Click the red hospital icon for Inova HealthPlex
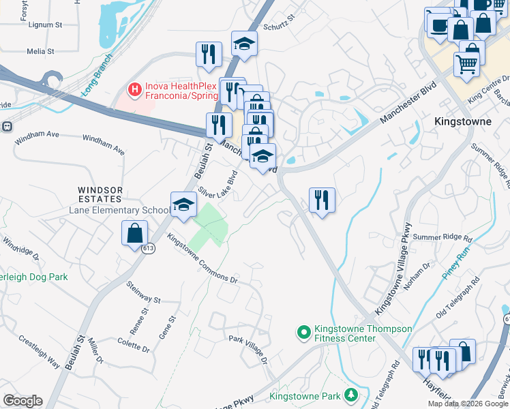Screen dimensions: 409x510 135,89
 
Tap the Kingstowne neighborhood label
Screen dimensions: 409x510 463,121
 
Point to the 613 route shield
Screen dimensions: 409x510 149,249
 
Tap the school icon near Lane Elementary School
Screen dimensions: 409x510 183,204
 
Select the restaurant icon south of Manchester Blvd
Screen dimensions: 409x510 322,200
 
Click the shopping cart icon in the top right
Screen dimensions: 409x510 467,64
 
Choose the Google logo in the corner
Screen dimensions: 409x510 22,401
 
